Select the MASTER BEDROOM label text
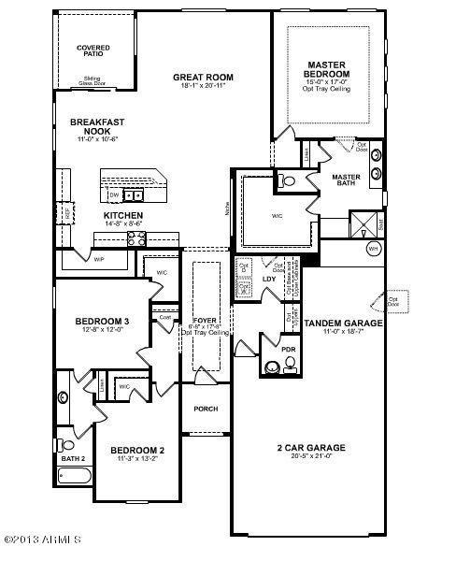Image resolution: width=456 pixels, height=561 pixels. point(328,69)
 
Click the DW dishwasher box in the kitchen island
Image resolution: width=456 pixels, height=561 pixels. point(112,194)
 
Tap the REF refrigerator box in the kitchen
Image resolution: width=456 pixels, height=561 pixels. point(69,213)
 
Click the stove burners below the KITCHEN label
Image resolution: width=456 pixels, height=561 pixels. point(135,238)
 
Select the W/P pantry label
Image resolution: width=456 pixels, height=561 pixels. point(98,259)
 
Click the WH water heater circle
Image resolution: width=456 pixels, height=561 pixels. point(372,250)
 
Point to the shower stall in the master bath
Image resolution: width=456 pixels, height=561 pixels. point(361,223)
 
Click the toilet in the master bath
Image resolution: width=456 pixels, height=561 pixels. point(285,181)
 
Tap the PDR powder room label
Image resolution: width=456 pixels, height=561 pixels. point(287,350)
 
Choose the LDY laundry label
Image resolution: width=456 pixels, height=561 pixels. point(268,279)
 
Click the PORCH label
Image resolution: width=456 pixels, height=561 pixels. point(206,409)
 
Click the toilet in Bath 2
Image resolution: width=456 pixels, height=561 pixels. point(66,444)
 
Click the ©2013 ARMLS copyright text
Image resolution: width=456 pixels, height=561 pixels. point(43,539)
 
